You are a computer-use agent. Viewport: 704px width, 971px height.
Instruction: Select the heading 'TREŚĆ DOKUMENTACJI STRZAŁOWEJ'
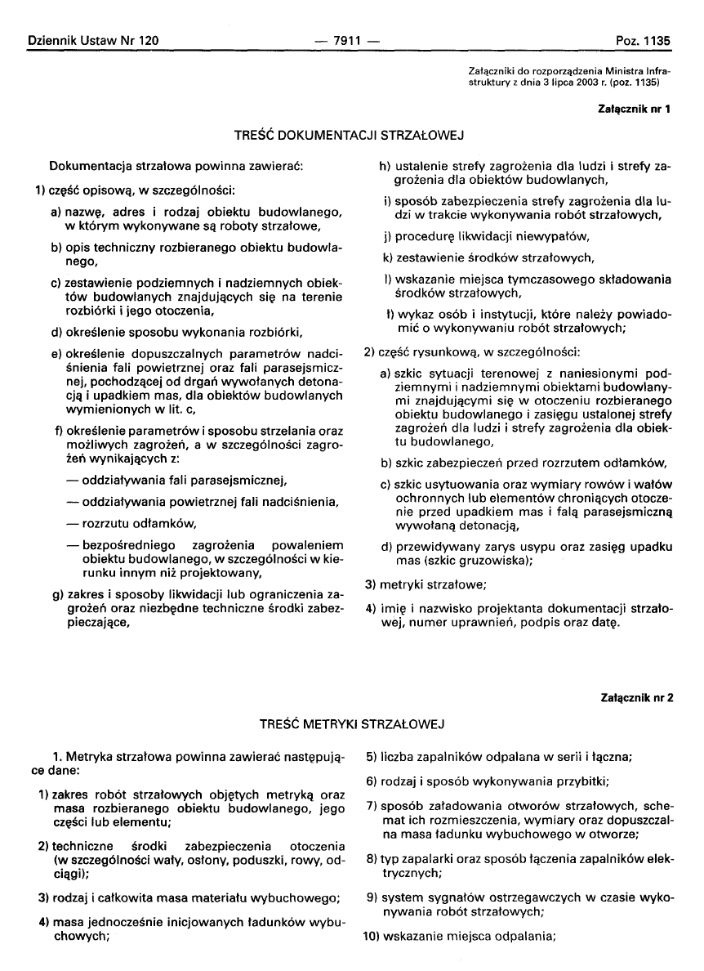pyautogui.click(x=351, y=132)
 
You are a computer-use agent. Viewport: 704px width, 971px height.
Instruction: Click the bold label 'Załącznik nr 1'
pyautogui.click(x=635, y=110)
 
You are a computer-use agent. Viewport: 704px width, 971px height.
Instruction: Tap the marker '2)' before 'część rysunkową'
pyautogui.click(x=369, y=352)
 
